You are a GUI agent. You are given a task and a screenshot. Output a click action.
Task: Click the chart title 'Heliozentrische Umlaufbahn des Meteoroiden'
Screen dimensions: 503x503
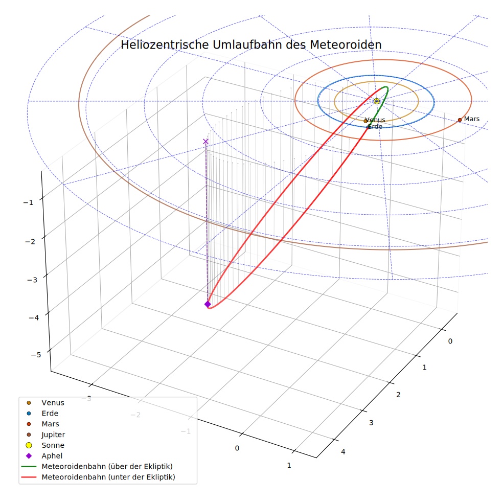(x=251, y=45)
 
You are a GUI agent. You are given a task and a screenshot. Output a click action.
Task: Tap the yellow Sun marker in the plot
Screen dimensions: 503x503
(x=377, y=101)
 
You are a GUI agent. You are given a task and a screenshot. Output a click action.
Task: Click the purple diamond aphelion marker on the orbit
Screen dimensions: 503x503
(x=208, y=304)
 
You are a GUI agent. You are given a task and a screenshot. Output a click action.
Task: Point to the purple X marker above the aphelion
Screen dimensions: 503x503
(x=205, y=142)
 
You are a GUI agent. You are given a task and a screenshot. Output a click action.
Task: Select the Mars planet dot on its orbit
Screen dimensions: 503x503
(x=460, y=120)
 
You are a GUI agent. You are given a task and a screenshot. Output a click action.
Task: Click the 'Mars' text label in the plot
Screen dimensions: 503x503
(x=471, y=119)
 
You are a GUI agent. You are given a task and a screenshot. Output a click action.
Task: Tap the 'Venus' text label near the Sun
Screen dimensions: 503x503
(x=375, y=120)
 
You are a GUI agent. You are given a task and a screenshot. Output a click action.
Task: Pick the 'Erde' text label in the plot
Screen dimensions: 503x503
(x=375, y=127)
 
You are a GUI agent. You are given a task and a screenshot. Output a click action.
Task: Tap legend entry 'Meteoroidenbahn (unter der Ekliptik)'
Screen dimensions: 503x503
(x=98, y=477)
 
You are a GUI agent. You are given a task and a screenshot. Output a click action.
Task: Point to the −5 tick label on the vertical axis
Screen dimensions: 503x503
(x=36, y=355)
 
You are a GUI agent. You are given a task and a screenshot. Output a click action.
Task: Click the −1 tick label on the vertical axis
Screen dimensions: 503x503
(x=28, y=203)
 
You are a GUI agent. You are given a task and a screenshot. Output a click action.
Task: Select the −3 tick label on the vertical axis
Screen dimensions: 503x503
(x=32, y=280)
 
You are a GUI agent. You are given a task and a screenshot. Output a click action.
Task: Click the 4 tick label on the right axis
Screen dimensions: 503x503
(x=343, y=452)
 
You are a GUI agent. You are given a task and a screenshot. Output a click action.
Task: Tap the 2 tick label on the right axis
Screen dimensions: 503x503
(x=398, y=395)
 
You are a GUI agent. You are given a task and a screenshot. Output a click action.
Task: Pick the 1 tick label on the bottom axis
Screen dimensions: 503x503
(x=289, y=466)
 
